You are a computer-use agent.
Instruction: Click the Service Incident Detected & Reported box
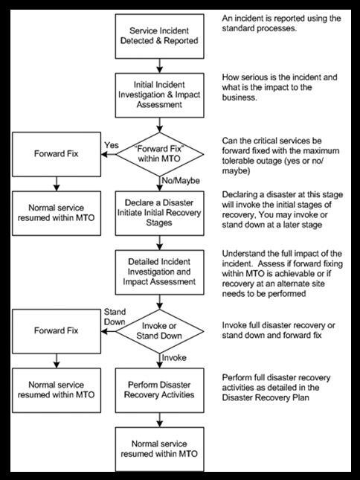(x=159, y=36)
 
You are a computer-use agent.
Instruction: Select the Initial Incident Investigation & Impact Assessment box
(x=159, y=95)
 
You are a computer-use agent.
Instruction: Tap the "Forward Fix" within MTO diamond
(x=159, y=154)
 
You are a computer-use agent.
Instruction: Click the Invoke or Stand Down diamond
(x=159, y=331)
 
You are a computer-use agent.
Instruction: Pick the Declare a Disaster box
(x=159, y=213)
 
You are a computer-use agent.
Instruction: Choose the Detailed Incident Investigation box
(x=159, y=272)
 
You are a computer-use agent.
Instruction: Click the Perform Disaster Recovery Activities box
(x=159, y=390)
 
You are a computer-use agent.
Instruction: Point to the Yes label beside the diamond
(x=112, y=145)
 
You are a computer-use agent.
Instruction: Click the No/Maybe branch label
(x=181, y=181)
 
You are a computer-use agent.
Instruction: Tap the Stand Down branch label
(x=115, y=317)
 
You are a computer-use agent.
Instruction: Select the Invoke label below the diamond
(x=174, y=357)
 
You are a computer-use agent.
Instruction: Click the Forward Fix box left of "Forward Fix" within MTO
(x=57, y=154)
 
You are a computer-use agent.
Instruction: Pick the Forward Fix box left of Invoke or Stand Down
(x=57, y=331)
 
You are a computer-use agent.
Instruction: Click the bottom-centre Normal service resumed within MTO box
(x=159, y=449)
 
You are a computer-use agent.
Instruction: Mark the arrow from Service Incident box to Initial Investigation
(x=159, y=65)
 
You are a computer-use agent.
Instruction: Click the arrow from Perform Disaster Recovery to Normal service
(x=159, y=420)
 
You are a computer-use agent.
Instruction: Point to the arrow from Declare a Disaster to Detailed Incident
(x=159, y=243)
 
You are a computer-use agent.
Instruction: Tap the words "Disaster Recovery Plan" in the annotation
(x=266, y=397)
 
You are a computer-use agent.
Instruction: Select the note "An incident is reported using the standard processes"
(x=281, y=23)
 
